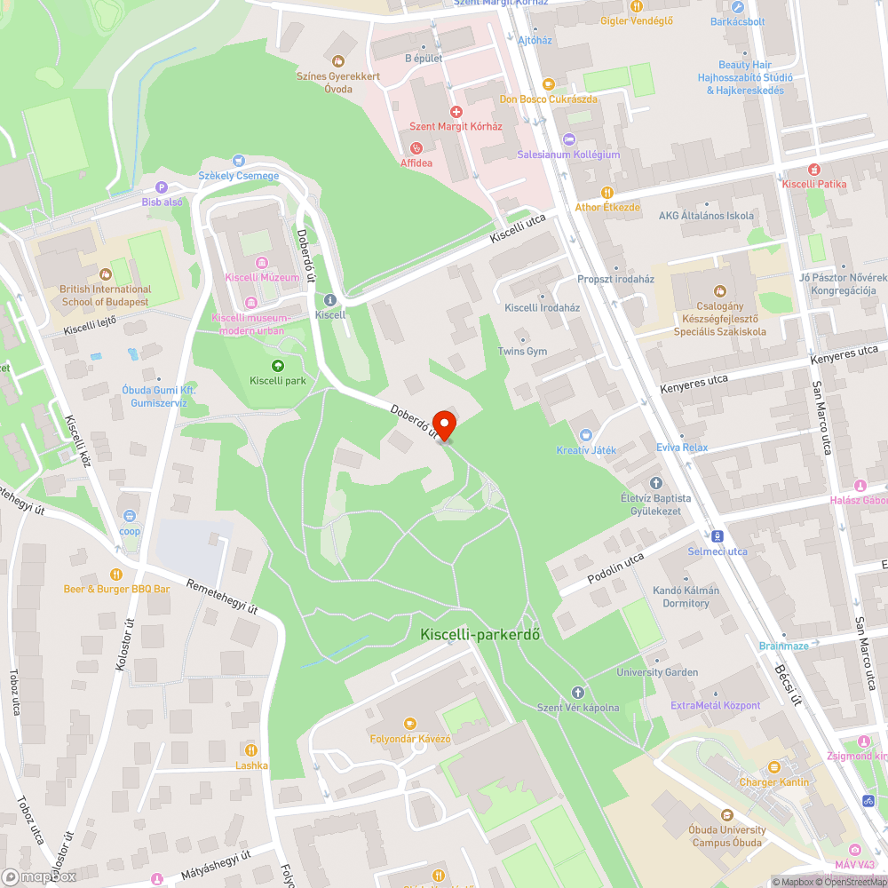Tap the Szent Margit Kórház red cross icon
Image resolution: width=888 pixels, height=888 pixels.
(456, 112)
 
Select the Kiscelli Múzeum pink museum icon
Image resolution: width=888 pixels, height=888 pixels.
(262, 263)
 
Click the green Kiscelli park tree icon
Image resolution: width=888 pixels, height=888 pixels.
(278, 366)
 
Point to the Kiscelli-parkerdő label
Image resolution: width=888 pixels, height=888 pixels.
(480, 635)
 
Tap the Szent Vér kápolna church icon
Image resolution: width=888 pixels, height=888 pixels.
(577, 692)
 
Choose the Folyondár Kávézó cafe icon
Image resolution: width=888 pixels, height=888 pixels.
(409, 724)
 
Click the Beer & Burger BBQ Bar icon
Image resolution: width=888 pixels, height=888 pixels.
(115, 574)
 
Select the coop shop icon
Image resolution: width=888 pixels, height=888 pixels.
(130, 516)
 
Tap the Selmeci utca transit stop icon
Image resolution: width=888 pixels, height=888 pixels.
(717, 536)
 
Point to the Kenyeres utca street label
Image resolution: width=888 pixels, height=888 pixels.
(694, 384)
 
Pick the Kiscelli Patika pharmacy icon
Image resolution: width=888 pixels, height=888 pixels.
(813, 169)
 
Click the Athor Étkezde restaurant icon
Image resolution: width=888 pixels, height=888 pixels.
(607, 192)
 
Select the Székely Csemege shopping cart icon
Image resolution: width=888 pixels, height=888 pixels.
(238, 161)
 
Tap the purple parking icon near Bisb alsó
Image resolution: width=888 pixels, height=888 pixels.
(161, 187)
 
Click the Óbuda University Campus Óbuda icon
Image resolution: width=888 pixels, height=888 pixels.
(726, 815)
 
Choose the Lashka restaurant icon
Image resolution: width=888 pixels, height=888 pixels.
(252, 750)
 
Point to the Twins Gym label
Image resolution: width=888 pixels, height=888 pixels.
(522, 352)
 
